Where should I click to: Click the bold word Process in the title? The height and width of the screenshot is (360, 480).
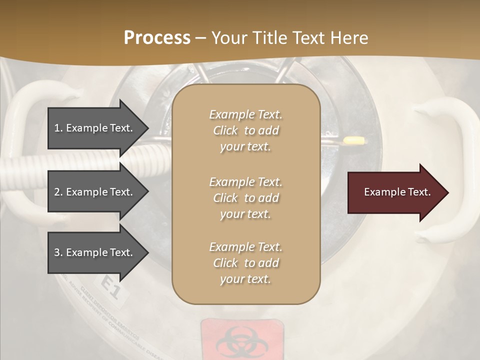click(157, 38)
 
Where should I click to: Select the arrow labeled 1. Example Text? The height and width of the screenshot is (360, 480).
click(95, 128)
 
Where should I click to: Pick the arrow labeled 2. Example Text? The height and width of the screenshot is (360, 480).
click(95, 192)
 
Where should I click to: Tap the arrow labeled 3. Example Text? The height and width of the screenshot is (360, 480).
click(95, 252)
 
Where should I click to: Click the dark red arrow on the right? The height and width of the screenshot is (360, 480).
click(395, 192)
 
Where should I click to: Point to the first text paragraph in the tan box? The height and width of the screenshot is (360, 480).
click(246, 130)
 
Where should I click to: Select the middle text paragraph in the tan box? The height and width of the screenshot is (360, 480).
click(246, 198)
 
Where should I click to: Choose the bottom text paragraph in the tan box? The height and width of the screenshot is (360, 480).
click(246, 263)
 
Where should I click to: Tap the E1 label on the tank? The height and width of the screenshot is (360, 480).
click(111, 288)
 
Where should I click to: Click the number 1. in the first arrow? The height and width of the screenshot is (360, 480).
click(58, 128)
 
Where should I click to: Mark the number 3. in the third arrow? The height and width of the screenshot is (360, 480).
click(58, 252)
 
